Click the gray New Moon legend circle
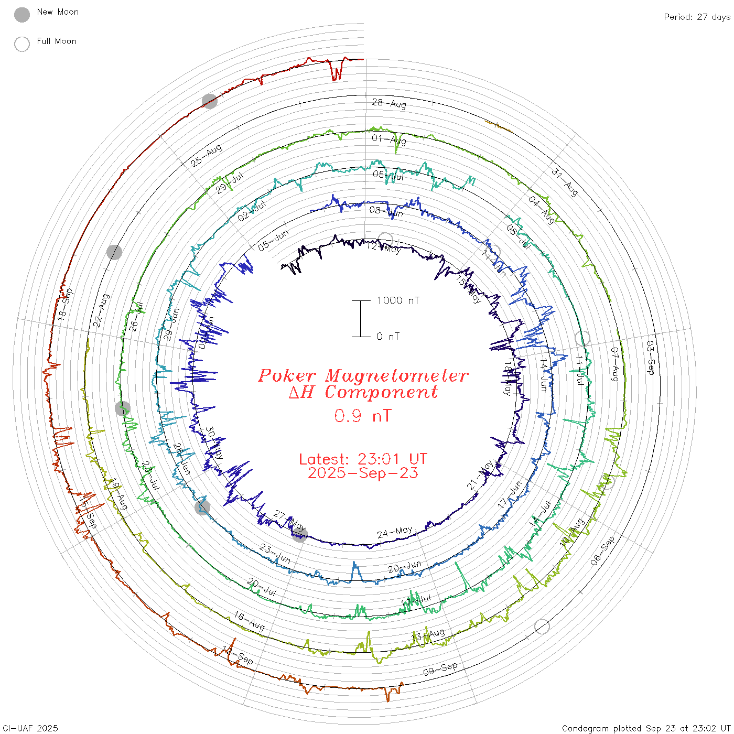[x=22, y=15]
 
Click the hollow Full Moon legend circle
[x=22, y=44]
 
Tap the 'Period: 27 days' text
[x=697, y=17]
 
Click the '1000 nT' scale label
[x=398, y=300]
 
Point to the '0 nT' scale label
[x=388, y=337]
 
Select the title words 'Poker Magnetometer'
[x=363, y=375]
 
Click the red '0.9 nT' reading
[x=363, y=416]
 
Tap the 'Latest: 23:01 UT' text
[x=363, y=459]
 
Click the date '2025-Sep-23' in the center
[x=363, y=473]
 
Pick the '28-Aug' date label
[x=389, y=103]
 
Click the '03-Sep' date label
[x=650, y=358]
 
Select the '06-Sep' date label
[x=602, y=551]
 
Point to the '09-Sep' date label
[x=440, y=669]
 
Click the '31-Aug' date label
[x=565, y=182]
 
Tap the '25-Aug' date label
[x=206, y=156]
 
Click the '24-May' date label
[x=395, y=533]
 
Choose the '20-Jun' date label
[x=405, y=567]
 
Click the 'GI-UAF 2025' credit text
[x=30, y=728]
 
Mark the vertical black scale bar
[x=361, y=319]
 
